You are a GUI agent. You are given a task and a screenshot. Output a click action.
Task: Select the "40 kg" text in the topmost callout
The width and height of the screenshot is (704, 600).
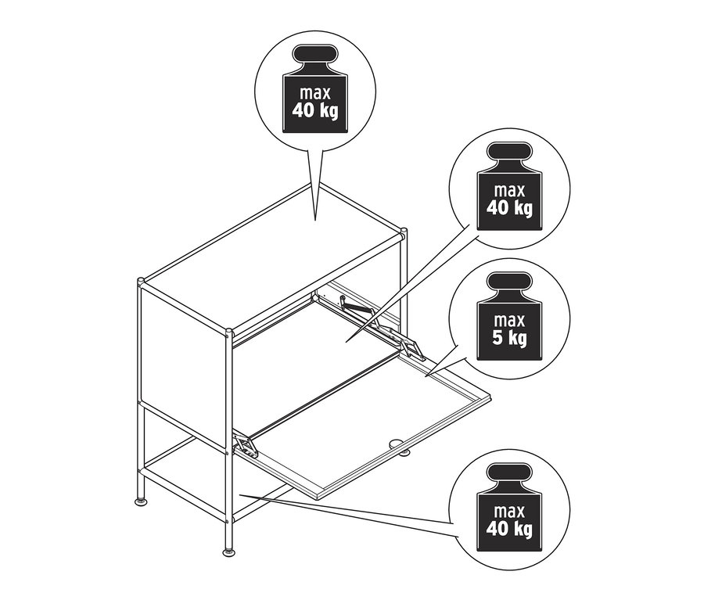click(x=314, y=110)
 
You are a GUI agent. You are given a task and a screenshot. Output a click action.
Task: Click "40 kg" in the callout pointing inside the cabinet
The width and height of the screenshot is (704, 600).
click(x=508, y=207)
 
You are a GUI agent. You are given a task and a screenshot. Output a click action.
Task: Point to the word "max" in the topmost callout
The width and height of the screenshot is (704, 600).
click(x=314, y=92)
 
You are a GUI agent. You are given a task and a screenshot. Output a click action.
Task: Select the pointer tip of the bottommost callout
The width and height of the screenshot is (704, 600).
click(x=241, y=494)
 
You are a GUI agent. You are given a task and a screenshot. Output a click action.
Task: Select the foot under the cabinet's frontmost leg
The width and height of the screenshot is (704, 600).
click(x=229, y=552)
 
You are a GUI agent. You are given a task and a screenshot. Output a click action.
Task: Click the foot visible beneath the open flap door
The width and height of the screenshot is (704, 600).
click(x=404, y=451)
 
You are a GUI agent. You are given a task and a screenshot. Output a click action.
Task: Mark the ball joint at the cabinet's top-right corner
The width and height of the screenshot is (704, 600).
click(x=404, y=232)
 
